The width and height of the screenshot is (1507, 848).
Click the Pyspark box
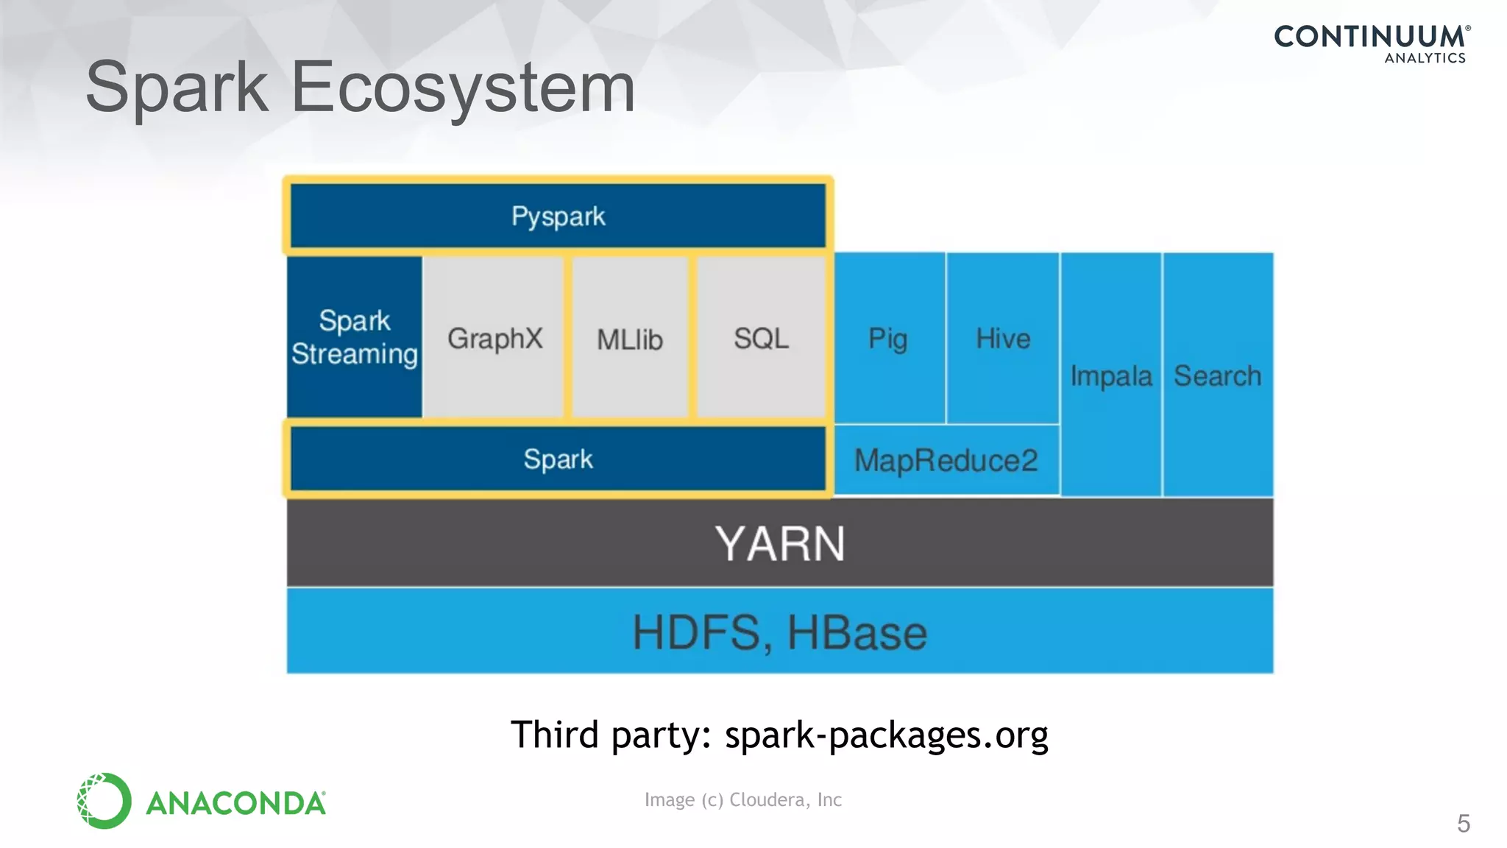[x=558, y=216]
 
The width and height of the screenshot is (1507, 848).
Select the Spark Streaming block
[x=355, y=338]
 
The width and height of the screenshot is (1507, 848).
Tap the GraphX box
[x=494, y=339]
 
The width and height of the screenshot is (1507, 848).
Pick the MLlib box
[x=630, y=339]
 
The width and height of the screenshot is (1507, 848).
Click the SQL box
[x=761, y=339]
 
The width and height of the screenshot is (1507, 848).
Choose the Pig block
[x=888, y=339]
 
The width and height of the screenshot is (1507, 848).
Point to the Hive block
[x=1003, y=339]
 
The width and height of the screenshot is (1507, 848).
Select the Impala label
[x=1110, y=375]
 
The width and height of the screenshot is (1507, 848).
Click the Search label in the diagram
[x=1217, y=375]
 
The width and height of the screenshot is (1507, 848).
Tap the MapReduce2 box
[x=946, y=461]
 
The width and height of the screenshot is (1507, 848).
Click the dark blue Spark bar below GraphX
[x=558, y=459]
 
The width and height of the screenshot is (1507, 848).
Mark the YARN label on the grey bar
[x=780, y=544]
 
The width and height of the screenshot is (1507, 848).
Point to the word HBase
[x=857, y=632]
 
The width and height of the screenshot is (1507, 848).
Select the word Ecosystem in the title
[x=463, y=88]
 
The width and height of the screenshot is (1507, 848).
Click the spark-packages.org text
[x=886, y=735]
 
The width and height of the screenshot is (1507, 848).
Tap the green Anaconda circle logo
[x=104, y=801]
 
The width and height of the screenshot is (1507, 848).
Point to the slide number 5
[x=1463, y=823]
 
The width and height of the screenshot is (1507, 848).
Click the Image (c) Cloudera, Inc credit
[x=742, y=799]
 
